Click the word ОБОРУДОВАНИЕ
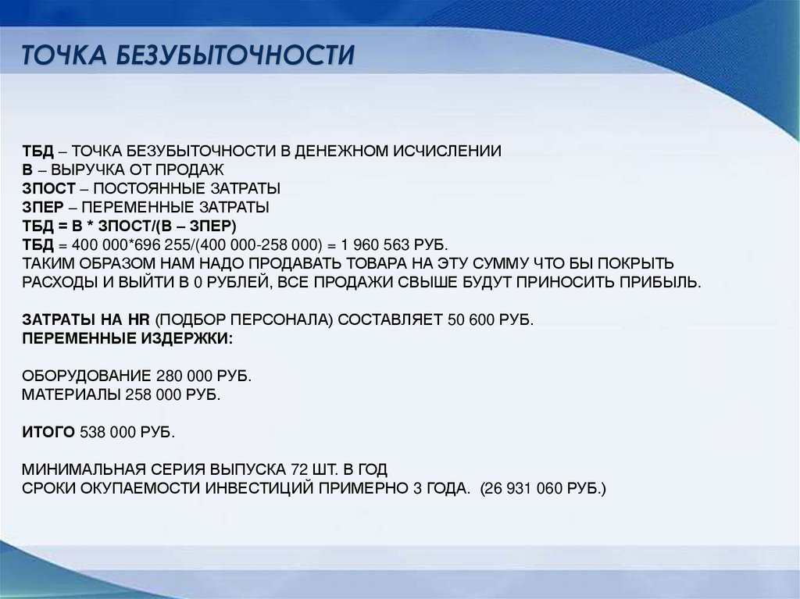point(87,376)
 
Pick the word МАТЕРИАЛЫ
point(70,394)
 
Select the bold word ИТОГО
point(47,432)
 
